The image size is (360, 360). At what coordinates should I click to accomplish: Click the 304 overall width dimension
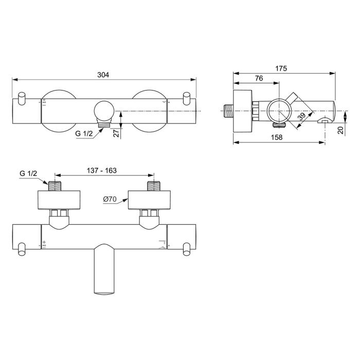tap(103, 75)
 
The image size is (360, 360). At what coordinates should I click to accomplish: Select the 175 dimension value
tap(281, 68)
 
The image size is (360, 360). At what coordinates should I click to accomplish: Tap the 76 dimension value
tap(259, 78)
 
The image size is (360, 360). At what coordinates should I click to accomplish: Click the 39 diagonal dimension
tap(302, 117)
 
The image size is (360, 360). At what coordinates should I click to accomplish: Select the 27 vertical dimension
tap(116, 133)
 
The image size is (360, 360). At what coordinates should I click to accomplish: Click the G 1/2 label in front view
tap(84, 134)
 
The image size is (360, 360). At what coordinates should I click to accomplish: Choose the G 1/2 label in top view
tap(28, 174)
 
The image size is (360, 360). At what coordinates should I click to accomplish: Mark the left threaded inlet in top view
tap(55, 185)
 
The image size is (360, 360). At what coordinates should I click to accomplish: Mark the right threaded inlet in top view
tap(154, 185)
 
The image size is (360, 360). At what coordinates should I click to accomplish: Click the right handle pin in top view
tap(188, 250)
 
